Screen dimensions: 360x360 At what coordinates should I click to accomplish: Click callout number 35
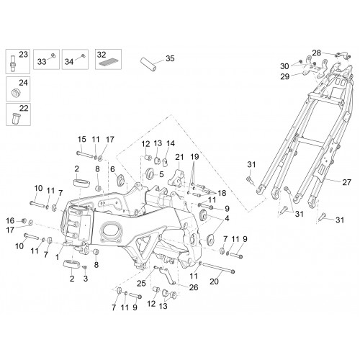pyautogui.click(x=170, y=58)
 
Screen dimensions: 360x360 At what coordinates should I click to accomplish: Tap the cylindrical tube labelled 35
pyautogui.click(x=148, y=64)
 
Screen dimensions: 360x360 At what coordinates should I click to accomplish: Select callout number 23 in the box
pyautogui.click(x=23, y=55)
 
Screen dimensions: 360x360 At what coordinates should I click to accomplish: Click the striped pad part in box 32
pyautogui.click(x=107, y=63)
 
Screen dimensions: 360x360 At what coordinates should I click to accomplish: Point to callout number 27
pyautogui.click(x=346, y=182)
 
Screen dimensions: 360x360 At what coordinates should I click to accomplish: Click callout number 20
pyautogui.click(x=214, y=282)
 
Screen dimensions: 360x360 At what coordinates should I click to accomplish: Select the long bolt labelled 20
pyautogui.click(x=219, y=268)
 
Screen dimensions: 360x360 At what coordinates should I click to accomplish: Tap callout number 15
pyautogui.click(x=82, y=139)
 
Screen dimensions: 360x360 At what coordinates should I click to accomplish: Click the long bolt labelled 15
pyautogui.click(x=85, y=154)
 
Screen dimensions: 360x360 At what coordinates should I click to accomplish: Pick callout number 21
pyautogui.click(x=179, y=157)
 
